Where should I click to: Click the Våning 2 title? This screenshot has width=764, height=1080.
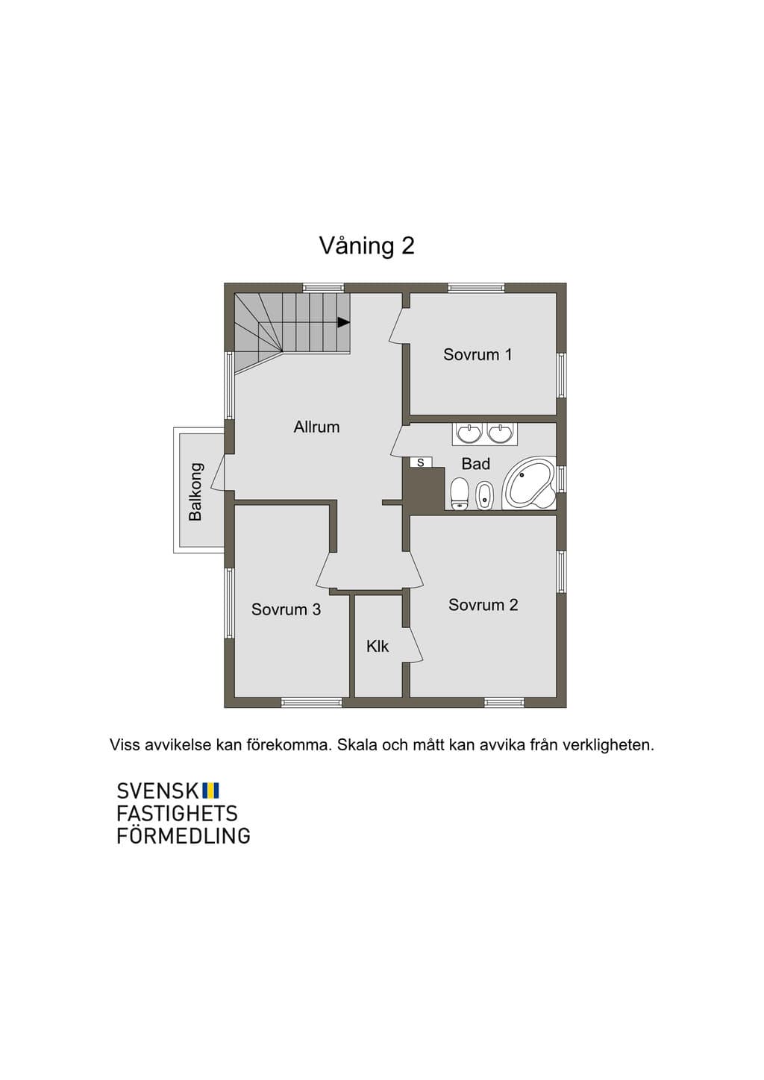coord(366,246)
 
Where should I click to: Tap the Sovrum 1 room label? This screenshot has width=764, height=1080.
coord(477,354)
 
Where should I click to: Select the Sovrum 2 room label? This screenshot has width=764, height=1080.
coord(483,605)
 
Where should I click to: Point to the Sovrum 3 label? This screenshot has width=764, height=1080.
coord(286,609)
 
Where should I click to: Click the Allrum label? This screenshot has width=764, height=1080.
coord(317,427)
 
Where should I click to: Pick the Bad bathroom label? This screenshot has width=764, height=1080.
coord(475,464)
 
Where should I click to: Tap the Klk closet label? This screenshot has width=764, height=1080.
coord(378,646)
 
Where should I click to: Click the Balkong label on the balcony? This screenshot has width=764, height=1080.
coord(195,492)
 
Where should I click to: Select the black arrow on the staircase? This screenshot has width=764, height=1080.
coord(343,322)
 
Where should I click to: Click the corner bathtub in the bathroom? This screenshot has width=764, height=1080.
coord(529,483)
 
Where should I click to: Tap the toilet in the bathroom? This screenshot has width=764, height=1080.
coord(459,493)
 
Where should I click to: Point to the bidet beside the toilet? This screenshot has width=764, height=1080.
coord(485,495)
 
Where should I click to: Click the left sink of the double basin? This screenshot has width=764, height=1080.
coord(469,433)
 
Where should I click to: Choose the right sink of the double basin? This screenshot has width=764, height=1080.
coord(500,433)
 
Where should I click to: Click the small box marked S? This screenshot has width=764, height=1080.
coord(421,462)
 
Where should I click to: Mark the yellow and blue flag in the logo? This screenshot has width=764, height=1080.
coord(211,790)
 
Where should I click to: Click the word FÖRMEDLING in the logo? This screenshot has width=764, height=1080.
coord(184,835)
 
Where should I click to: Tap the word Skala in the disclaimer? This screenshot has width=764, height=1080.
coord(357,745)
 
